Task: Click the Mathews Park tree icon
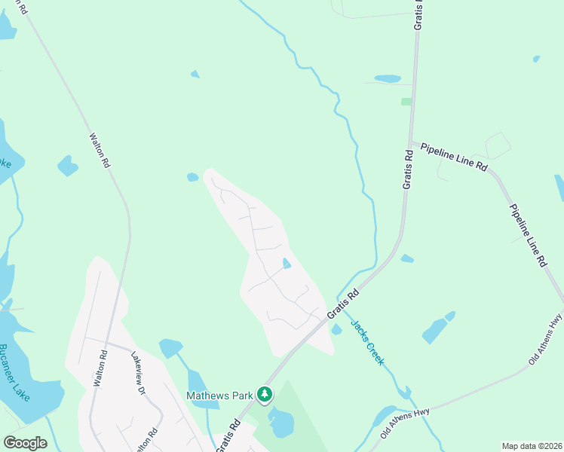click(x=264, y=394)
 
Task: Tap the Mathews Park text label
click(x=221, y=395)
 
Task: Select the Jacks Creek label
click(x=367, y=341)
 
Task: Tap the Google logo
click(x=25, y=443)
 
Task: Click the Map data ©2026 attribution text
click(x=531, y=446)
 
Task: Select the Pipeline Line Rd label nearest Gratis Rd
click(x=454, y=157)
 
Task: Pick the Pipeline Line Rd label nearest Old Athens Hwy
click(x=527, y=237)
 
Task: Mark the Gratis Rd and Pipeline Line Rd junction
click(x=411, y=143)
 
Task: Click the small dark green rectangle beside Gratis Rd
click(x=406, y=101)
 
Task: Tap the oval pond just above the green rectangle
click(x=388, y=78)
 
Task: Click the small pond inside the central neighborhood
click(x=287, y=263)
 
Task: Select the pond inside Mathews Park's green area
click(x=281, y=423)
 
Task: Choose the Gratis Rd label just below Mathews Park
click(x=228, y=435)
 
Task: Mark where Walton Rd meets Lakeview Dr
click(x=108, y=343)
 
